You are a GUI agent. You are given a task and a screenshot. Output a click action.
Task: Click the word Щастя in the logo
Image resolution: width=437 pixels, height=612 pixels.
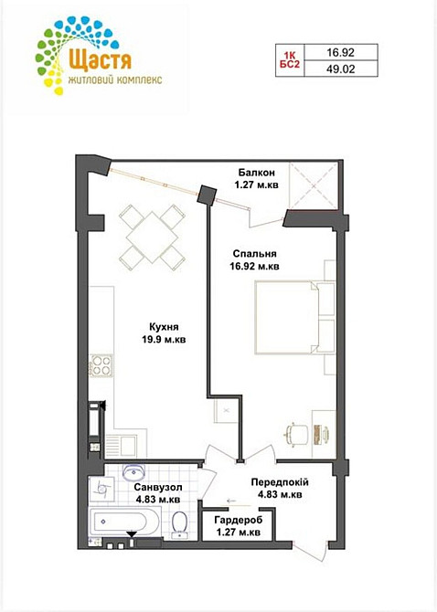(100, 59)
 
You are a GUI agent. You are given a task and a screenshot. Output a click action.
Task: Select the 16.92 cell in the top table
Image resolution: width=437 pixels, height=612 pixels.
(340, 52)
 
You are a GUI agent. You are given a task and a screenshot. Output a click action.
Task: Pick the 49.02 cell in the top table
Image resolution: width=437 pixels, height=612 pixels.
(340, 69)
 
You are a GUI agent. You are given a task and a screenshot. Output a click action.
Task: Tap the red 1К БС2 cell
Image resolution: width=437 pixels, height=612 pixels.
(290, 60)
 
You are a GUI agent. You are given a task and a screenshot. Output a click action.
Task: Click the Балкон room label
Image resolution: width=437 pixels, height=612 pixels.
(257, 178)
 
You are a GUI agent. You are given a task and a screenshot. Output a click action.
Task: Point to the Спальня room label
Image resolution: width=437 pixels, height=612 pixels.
(255, 260)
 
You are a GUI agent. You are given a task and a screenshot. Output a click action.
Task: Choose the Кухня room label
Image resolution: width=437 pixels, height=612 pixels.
(164, 332)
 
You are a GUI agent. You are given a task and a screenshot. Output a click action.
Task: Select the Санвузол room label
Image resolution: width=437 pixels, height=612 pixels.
(158, 493)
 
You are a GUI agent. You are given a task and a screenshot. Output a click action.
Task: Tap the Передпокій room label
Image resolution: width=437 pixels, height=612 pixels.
(280, 489)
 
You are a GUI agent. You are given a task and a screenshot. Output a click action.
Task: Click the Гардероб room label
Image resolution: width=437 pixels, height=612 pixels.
(239, 526)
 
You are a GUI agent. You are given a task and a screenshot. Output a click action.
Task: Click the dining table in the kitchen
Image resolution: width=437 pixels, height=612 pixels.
(153, 237)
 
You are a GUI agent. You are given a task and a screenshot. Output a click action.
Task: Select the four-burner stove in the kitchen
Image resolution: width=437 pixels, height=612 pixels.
(101, 365)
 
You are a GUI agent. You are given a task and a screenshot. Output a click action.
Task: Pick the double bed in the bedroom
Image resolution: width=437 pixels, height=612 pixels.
(295, 317)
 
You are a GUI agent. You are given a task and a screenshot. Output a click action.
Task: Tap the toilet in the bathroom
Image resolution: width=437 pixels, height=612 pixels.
(179, 524)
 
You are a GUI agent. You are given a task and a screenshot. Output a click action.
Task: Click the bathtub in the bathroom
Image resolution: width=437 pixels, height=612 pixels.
(125, 522)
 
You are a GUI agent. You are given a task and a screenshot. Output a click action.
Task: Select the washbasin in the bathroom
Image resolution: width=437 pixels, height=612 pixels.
(134, 472)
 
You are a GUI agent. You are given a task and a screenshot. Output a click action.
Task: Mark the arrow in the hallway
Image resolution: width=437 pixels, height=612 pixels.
(234, 500)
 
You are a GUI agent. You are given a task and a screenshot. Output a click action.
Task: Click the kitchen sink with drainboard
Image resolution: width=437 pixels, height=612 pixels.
(121, 446)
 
